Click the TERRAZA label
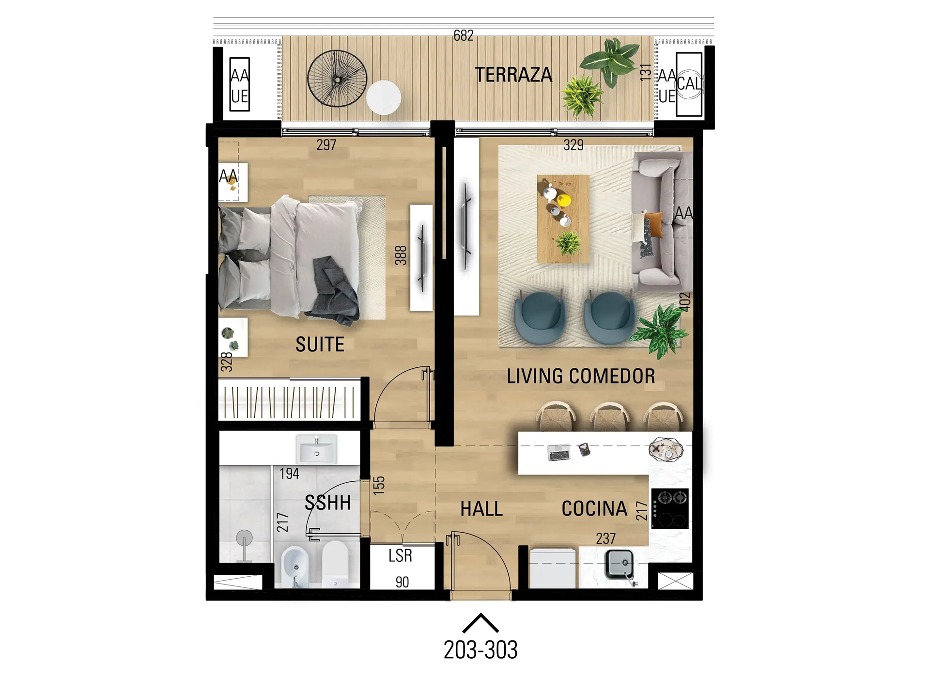[x=513, y=75]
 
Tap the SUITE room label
[x=320, y=344]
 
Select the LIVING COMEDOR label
[x=581, y=376]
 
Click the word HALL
[x=481, y=509]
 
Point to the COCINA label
[x=594, y=508]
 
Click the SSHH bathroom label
[x=327, y=503]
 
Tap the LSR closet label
[x=400, y=555]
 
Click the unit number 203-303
[x=480, y=649]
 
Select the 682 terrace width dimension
[x=464, y=35]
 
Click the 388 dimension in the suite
[x=401, y=255]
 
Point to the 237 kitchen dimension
[x=606, y=538]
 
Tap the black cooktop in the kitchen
[x=670, y=508]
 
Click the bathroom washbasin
[x=317, y=449]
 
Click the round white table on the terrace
[x=384, y=97]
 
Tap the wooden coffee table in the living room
[x=563, y=219]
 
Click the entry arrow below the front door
[x=480, y=623]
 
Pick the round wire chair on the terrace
[x=337, y=79]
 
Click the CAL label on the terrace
[x=689, y=83]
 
